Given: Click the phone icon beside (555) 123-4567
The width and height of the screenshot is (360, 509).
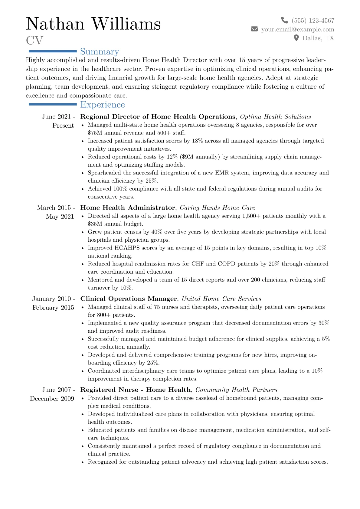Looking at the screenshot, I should tap(284, 20).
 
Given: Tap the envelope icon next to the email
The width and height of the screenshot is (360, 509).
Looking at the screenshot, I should tap(254, 29).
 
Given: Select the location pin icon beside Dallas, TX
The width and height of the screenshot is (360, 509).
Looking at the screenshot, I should tap(296, 38).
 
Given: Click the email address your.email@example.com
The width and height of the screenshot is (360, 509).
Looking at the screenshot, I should tap(298, 29).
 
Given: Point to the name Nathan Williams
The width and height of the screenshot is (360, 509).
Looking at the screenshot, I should tap(93, 24).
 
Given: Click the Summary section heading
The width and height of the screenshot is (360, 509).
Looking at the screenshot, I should tap(100, 52).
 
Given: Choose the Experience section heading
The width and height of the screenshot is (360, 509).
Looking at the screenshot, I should tap(103, 105).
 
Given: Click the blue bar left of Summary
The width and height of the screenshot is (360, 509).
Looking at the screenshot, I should tap(52, 51).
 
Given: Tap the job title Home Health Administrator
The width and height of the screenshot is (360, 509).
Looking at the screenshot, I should tap(127, 208).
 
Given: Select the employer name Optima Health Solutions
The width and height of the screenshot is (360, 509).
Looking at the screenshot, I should tap(275, 117).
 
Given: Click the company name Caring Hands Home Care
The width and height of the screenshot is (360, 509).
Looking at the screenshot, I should tap(217, 208).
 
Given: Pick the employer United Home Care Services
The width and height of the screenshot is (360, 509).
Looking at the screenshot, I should tap(221, 299).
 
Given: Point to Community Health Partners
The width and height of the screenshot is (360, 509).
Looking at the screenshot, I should tap(236, 390).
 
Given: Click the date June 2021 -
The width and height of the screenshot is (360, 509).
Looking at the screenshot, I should tap(58, 117).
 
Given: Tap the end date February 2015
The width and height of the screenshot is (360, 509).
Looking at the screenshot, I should tap(53, 308).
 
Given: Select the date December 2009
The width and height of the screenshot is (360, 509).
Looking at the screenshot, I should tap(52, 399).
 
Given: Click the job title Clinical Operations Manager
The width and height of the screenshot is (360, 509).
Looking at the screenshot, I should tap(129, 299).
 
